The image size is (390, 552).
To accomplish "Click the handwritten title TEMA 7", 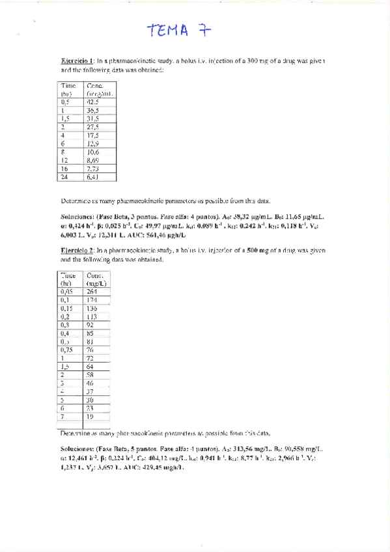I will tap(177, 31).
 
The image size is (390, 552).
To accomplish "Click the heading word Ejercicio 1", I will tap(77, 61).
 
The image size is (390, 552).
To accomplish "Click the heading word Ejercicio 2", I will tap(77, 250).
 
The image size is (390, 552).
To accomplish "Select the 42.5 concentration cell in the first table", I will tap(92, 102).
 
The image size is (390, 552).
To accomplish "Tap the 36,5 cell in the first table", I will tap(92, 110).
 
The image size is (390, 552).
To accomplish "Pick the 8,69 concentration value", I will tap(93, 159).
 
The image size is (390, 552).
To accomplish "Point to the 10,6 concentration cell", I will tap(92, 151).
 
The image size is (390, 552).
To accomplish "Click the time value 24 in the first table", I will tap(65, 176).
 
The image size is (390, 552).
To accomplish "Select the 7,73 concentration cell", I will tap(93, 168).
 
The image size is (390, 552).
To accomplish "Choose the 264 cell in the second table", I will tap(92, 292).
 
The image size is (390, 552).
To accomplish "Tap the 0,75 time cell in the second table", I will tap(66, 350).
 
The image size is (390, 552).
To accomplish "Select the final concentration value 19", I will tap(91, 417).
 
